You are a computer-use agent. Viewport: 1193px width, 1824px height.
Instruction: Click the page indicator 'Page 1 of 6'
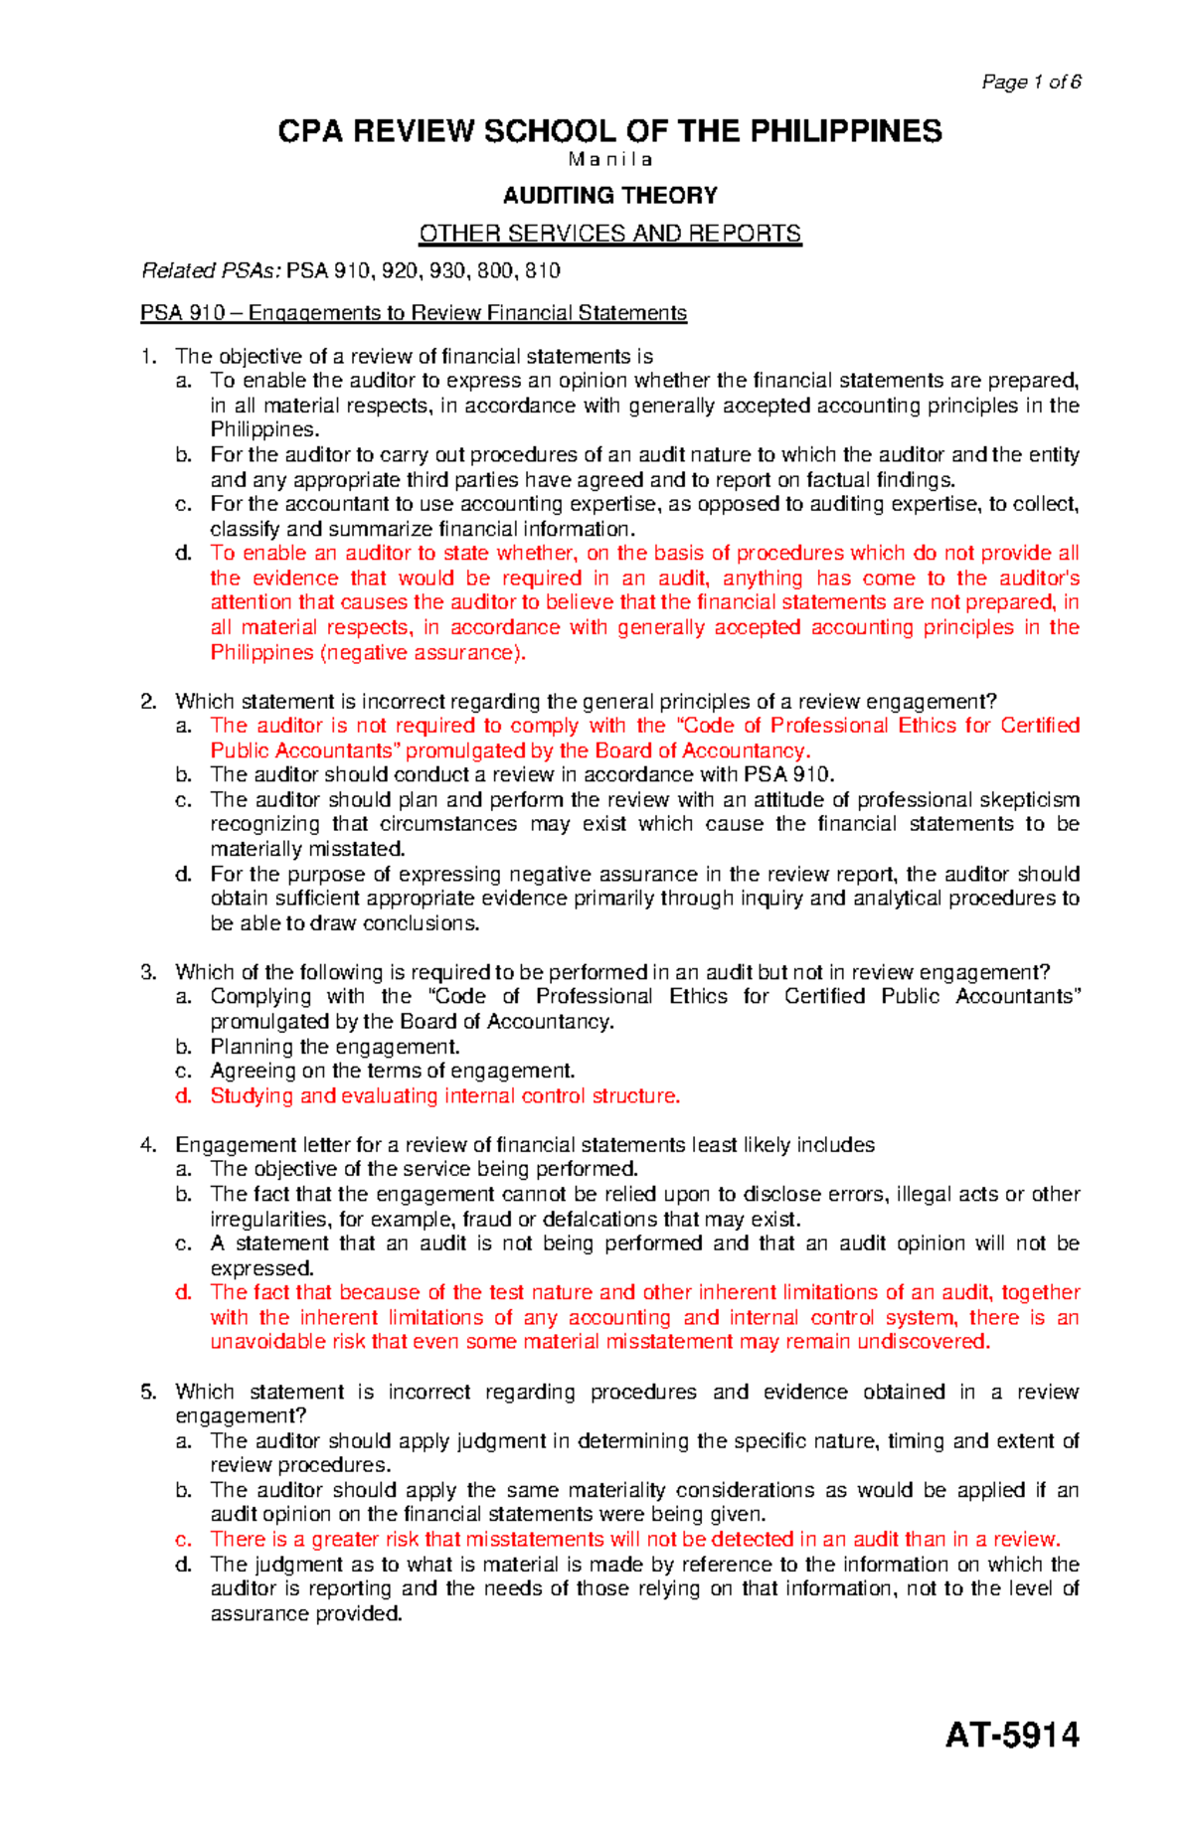(x=1031, y=83)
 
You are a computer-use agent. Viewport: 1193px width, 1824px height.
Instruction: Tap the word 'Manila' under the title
(x=609, y=160)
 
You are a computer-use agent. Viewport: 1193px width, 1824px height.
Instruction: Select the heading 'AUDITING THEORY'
(x=609, y=195)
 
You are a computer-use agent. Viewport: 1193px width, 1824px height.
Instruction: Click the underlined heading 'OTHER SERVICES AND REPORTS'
(x=609, y=234)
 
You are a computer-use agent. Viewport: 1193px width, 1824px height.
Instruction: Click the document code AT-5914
(x=1012, y=1735)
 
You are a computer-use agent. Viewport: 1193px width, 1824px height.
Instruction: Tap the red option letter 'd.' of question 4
(x=183, y=1292)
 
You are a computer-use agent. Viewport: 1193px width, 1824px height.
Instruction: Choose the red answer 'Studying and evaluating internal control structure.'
(x=444, y=1095)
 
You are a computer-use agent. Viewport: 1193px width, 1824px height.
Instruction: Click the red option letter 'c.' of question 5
(x=183, y=1539)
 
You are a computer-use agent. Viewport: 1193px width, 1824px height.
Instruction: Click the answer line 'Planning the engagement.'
(x=335, y=1047)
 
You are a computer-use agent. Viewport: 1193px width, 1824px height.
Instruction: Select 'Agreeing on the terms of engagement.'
(x=393, y=1071)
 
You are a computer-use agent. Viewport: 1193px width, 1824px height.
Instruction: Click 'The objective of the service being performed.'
(x=424, y=1169)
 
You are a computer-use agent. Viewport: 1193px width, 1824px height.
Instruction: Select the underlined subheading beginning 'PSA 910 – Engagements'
(x=414, y=313)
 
